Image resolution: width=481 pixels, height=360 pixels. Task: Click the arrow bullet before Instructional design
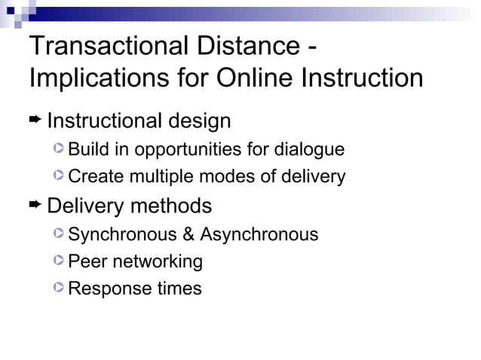click(35, 119)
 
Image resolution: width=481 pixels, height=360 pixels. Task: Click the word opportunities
click(193, 149)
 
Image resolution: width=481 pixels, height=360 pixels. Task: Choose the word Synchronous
click(122, 235)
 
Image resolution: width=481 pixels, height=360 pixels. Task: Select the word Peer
click(86, 262)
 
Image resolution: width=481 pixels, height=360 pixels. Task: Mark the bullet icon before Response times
click(60, 288)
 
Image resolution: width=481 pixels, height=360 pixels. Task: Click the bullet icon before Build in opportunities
click(60, 148)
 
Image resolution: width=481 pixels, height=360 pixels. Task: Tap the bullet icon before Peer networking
click(60, 261)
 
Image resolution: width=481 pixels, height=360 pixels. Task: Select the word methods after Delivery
click(170, 206)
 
